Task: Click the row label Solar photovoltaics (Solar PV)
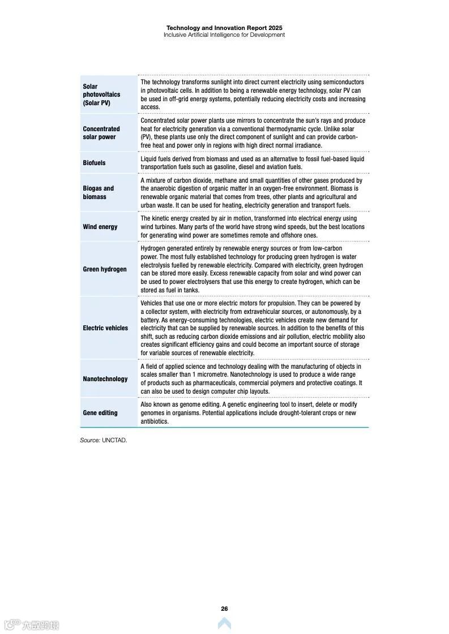coord(101,95)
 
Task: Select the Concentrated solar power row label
coord(101,133)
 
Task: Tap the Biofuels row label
coord(94,163)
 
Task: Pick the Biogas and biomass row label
coord(99,192)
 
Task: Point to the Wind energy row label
coord(100,227)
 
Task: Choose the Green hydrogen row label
coord(105,269)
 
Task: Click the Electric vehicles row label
coord(105,328)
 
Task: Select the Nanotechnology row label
coord(105,379)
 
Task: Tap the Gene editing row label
coord(100,413)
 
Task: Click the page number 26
coord(224,609)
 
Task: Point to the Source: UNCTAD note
coord(103,440)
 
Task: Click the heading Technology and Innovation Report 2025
coord(224,28)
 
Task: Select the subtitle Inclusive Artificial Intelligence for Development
coord(224,35)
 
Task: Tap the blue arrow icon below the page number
coord(224,623)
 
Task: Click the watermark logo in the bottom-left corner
coord(31,625)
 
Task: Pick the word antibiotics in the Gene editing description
coord(155,421)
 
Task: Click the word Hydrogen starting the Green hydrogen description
coord(153,248)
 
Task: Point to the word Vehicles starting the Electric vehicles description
coord(152,303)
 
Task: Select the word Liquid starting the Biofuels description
coord(149,159)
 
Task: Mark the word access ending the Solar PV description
coord(150,107)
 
